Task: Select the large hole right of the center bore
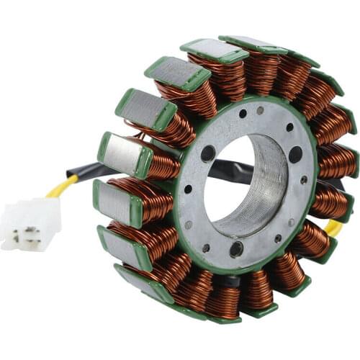tap(295, 154)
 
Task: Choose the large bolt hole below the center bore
tap(236, 250)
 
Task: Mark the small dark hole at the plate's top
tap(243, 113)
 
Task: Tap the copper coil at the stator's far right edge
tap(338, 162)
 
